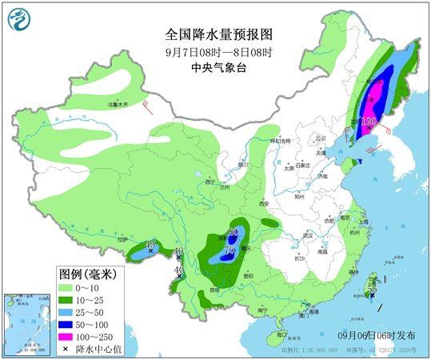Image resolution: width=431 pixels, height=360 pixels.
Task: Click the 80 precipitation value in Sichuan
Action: point(233,233)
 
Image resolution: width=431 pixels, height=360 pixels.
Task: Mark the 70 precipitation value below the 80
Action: point(229,250)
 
